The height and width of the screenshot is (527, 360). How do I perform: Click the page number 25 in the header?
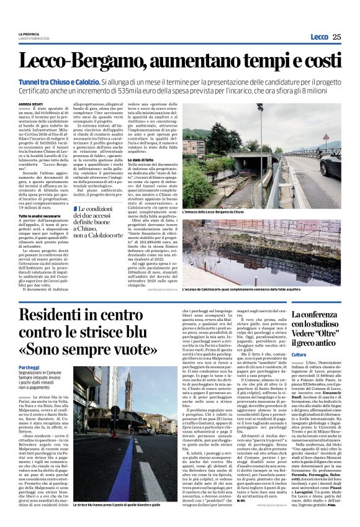tap(336, 37)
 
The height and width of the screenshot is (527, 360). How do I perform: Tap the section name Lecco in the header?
tap(319, 37)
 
